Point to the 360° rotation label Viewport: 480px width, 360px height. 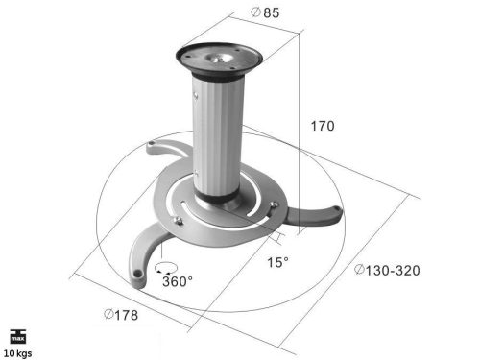click(x=178, y=281)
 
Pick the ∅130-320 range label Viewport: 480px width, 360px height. click(x=388, y=271)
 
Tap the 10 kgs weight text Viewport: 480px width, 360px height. click(x=18, y=352)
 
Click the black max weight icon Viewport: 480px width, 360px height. click(x=18, y=337)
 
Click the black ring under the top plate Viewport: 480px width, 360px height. click(x=220, y=77)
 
